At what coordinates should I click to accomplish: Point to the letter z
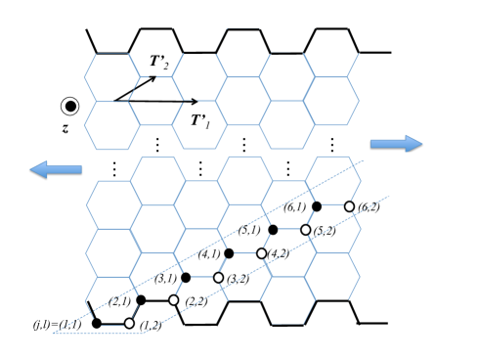click(x=68, y=126)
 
